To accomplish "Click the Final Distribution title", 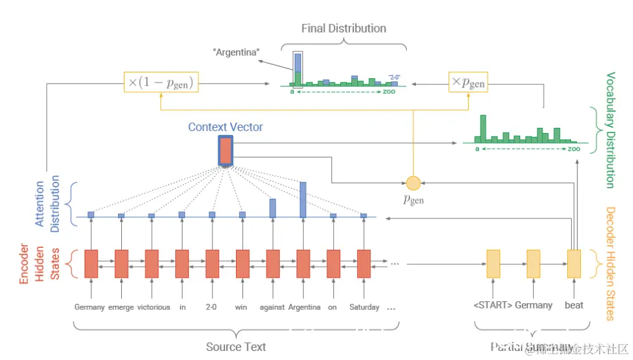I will pyautogui.click(x=344, y=29).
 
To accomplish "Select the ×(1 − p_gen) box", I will pyautogui.click(x=161, y=82).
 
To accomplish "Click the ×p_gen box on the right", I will pyautogui.click(x=468, y=82).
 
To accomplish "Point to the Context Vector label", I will pyautogui.click(x=225, y=127).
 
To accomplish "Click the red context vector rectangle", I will pyautogui.click(x=225, y=151).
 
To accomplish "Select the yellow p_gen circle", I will pyautogui.click(x=412, y=183).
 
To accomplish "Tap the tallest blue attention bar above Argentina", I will pyautogui.click(x=302, y=200).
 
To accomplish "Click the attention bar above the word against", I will pyautogui.click(x=272, y=208).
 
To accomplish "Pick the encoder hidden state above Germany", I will pyautogui.click(x=91, y=263).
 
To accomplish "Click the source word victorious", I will pyautogui.click(x=154, y=307).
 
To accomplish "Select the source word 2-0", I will pyautogui.click(x=212, y=307).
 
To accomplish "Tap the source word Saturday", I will pyautogui.click(x=364, y=307).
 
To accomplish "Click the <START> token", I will pyautogui.click(x=492, y=305).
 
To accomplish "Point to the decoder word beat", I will pyautogui.click(x=574, y=305).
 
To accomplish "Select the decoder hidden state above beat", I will pyautogui.click(x=574, y=263).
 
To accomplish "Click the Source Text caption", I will pyautogui.click(x=236, y=347).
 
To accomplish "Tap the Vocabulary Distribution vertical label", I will pyautogui.click(x=611, y=130).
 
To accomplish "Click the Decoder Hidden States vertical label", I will pyautogui.click(x=611, y=263).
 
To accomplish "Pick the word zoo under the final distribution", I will pyautogui.click(x=390, y=92).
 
